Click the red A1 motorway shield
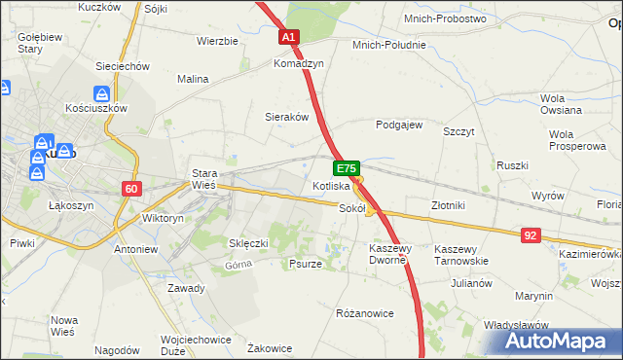(289, 37)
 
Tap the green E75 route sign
(348, 168)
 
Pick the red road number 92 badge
(530, 234)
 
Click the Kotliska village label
(331, 185)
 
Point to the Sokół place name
(351, 207)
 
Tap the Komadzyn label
(298, 62)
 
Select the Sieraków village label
(287, 116)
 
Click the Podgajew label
(398, 125)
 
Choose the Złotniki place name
(449, 205)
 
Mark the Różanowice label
(364, 313)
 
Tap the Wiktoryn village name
(163, 219)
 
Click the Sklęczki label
(247, 242)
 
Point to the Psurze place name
(306, 263)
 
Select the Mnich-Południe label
(389, 45)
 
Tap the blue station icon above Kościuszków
(101, 94)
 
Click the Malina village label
(193, 79)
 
